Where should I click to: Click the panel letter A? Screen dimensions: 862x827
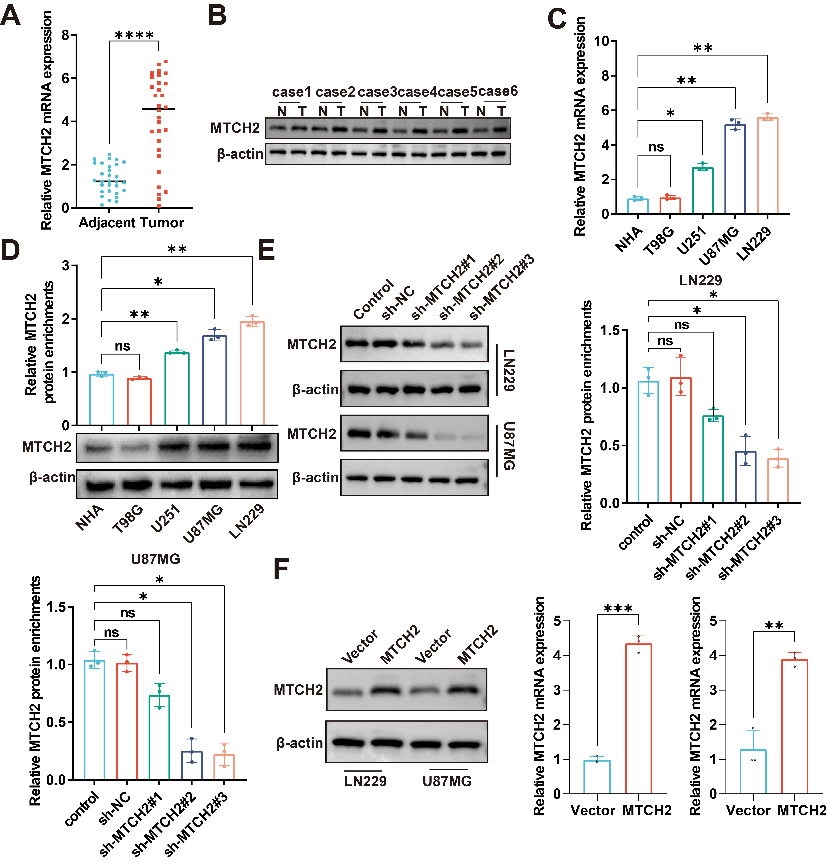point(11,16)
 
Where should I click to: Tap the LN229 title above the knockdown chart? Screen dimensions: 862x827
point(700,280)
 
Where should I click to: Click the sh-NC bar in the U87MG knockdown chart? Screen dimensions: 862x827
point(127,721)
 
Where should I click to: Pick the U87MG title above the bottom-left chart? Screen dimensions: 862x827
point(156,559)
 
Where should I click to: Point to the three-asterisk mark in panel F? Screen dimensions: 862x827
point(618,609)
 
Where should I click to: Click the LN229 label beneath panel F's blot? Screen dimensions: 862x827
point(365,781)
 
